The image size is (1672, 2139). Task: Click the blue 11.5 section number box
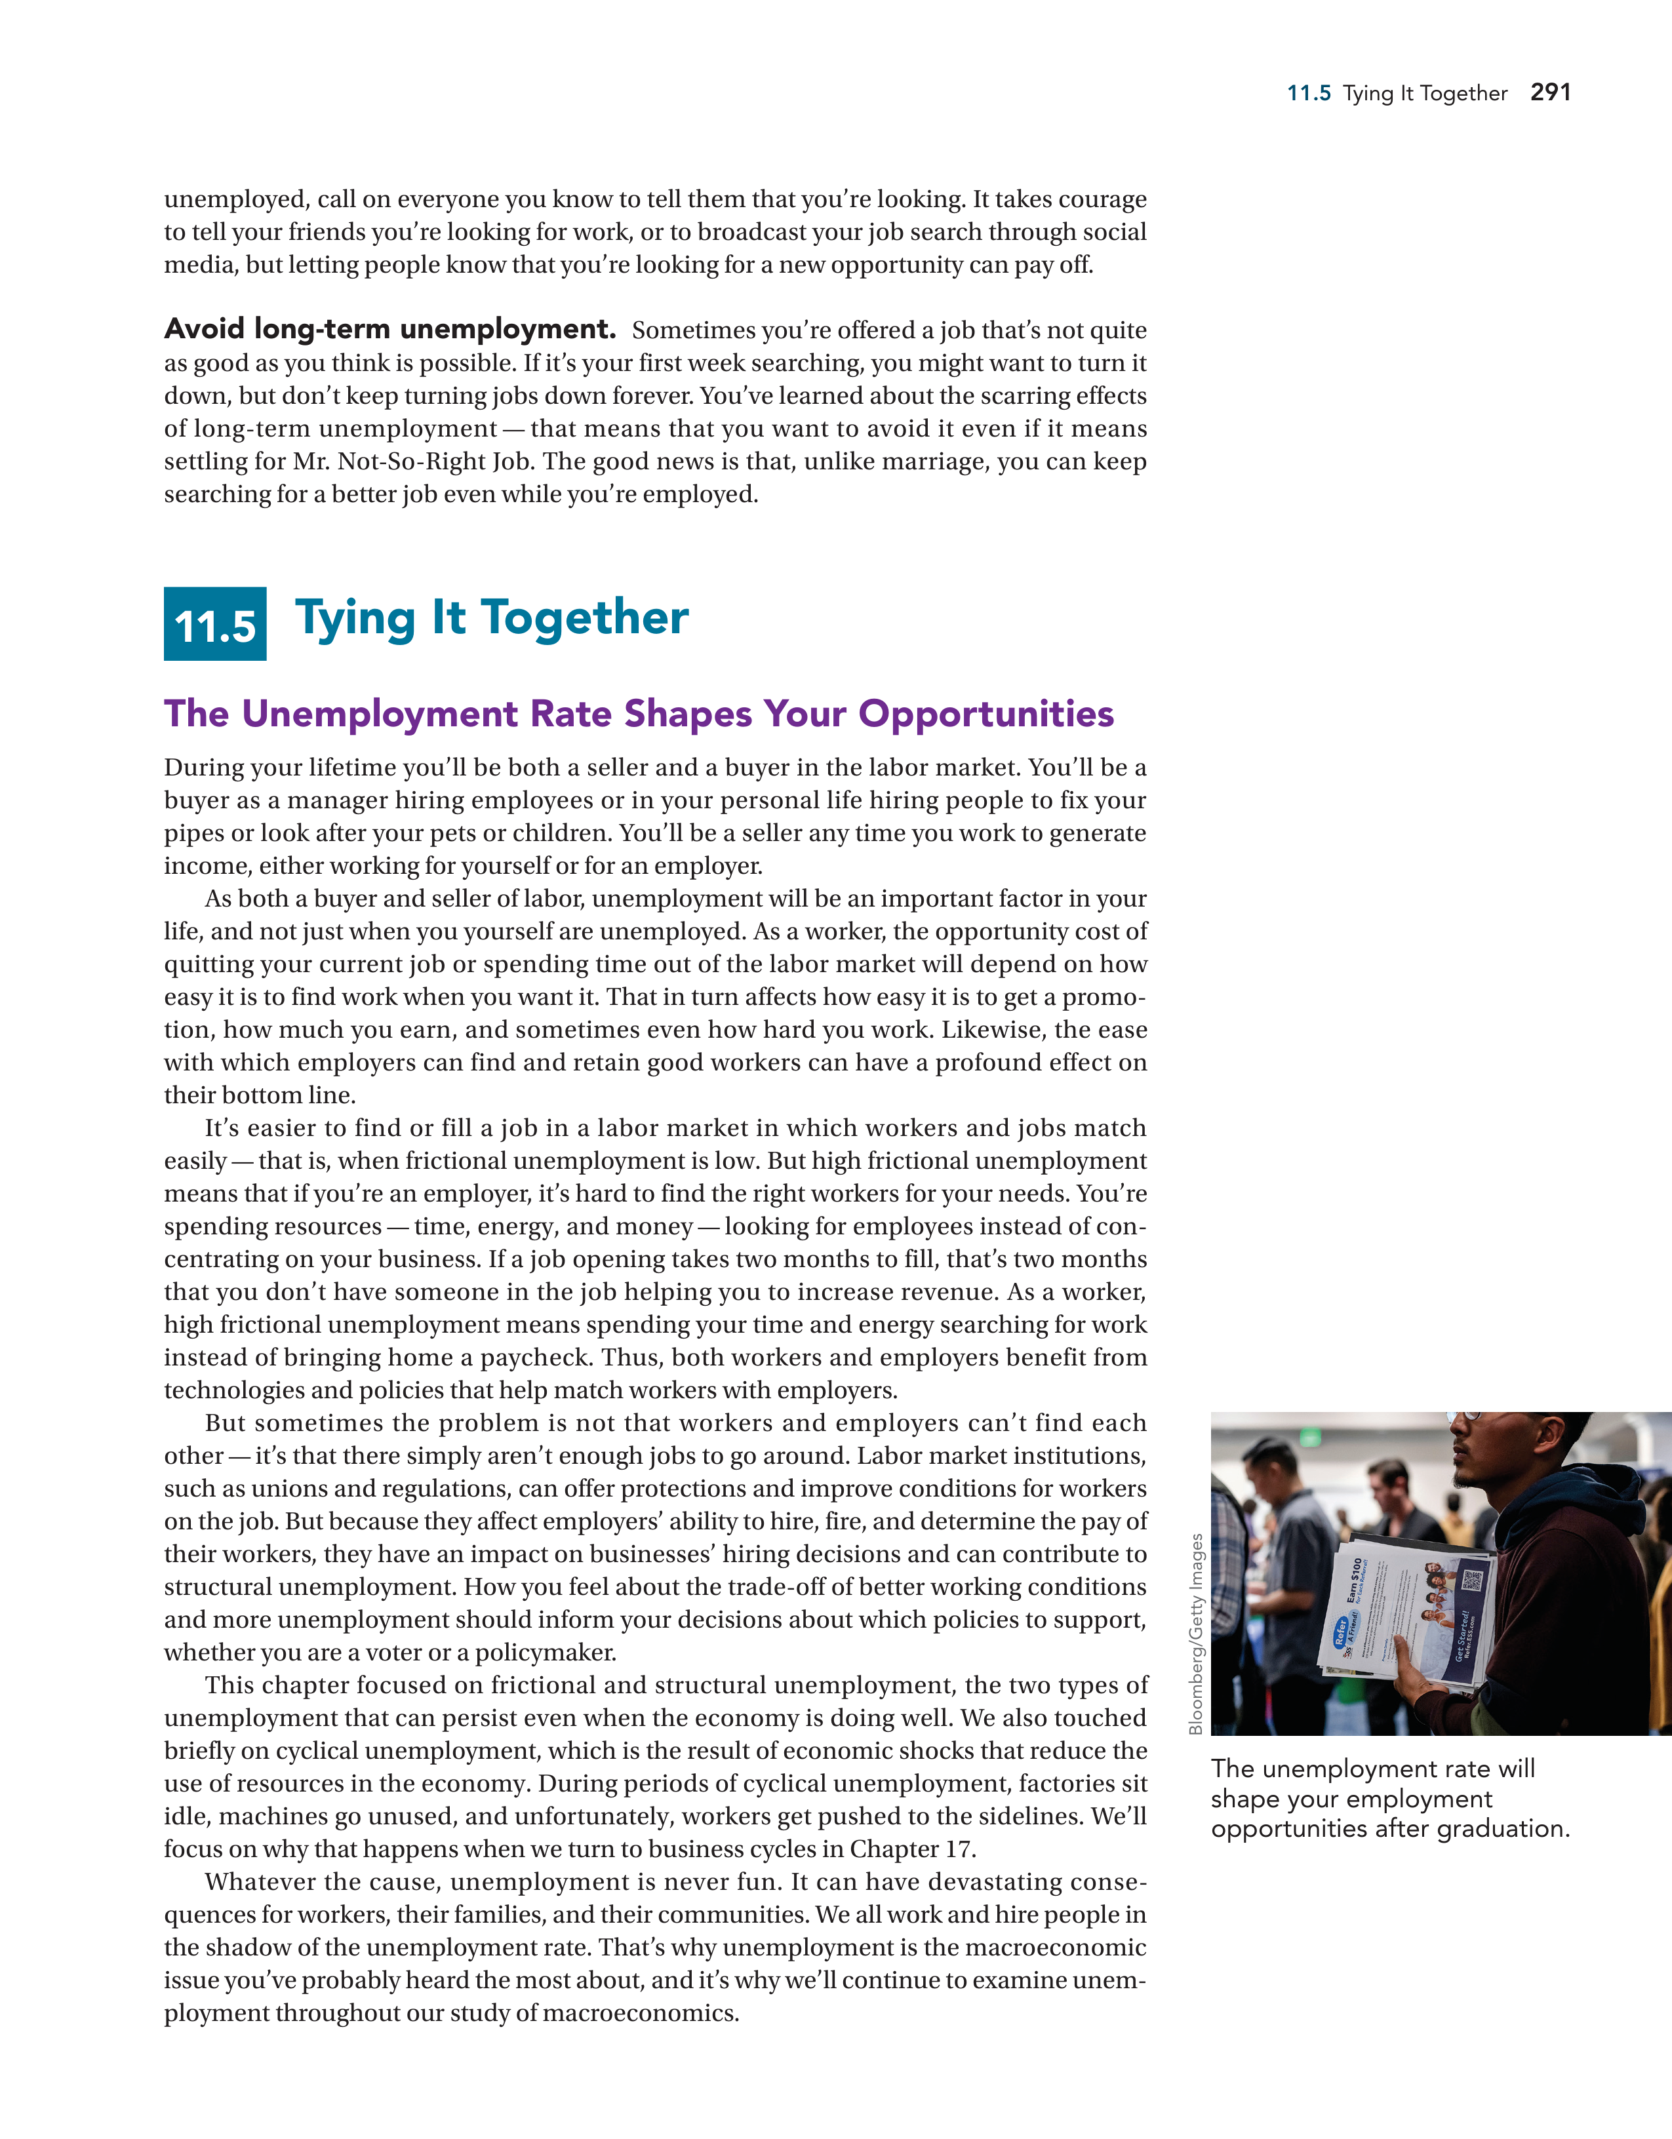(214, 624)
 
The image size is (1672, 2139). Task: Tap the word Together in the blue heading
(585, 618)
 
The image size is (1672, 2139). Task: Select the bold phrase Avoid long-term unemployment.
(390, 328)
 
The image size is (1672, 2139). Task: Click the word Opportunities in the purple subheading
(985, 714)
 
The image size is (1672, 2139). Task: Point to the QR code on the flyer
(1471, 1580)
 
